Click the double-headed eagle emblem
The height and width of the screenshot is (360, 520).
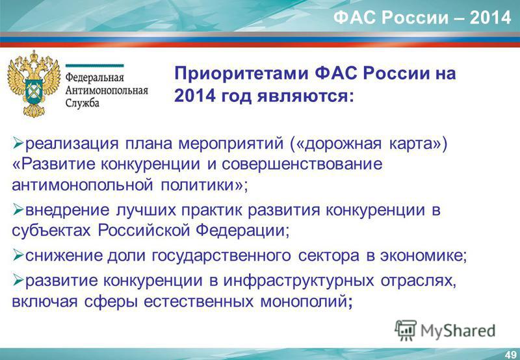(x=34, y=84)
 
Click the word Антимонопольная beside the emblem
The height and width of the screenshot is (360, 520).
(x=107, y=90)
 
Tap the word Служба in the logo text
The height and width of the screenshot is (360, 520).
(x=83, y=103)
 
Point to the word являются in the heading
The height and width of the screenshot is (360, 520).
(x=303, y=96)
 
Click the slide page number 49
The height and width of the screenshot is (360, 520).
(x=511, y=354)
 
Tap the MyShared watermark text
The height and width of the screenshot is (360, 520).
(x=458, y=331)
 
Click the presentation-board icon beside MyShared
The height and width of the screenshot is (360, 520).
(x=406, y=330)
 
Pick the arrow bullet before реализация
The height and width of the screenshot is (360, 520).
(x=18, y=144)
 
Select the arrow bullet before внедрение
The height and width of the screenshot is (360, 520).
(x=18, y=210)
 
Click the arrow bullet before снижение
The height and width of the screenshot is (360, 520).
(x=18, y=255)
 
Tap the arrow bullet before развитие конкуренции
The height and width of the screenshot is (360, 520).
(x=18, y=281)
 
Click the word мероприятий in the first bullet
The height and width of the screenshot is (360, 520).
(x=231, y=144)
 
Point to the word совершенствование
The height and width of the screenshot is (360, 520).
(x=302, y=164)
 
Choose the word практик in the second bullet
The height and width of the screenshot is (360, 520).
(x=212, y=211)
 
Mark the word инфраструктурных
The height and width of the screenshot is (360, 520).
(x=298, y=281)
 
